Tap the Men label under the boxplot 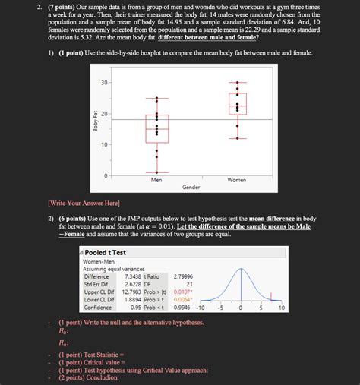[156, 180]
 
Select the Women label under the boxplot [237, 180]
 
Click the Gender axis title [191, 187]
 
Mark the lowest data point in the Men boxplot [156, 175]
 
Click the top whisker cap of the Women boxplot [238, 82]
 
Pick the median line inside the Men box [156, 129]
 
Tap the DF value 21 [189, 284]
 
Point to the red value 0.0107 [182, 292]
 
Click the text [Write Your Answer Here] [83, 204]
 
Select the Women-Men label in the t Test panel [96, 260]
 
